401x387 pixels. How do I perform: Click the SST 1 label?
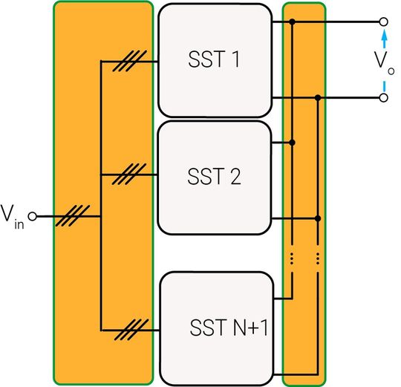pos(213,60)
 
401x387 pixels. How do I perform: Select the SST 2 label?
pos(213,178)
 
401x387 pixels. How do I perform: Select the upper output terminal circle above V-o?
pos(383,22)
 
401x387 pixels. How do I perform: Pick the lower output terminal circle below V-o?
pos(383,97)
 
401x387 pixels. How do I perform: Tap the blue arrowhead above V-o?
pos(383,35)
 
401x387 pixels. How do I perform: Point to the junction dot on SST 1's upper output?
pos(293,22)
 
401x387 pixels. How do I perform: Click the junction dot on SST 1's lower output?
pos(318,97)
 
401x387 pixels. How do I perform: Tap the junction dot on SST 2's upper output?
pos(293,141)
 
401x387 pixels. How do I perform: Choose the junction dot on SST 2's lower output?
pos(318,218)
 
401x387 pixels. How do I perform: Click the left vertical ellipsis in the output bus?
pos(293,258)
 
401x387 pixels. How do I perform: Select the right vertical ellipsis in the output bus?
pos(318,258)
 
